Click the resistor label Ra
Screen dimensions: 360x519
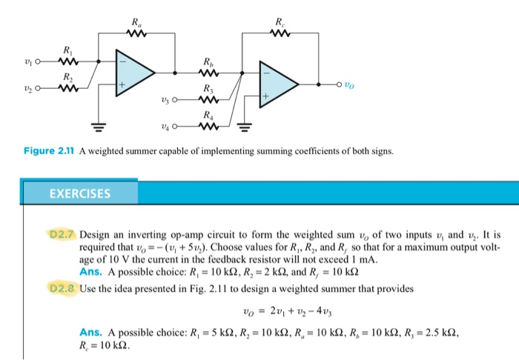coord(134,21)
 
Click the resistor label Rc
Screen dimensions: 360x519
coord(279,21)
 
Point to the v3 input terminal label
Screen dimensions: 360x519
coord(169,100)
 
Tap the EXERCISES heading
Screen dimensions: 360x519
coord(80,195)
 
